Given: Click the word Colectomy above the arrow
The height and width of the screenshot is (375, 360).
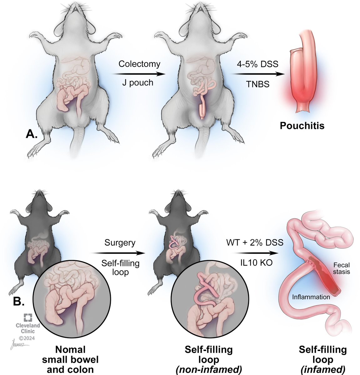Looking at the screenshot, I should (x=139, y=64).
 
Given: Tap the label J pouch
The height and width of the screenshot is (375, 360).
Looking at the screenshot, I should (x=138, y=83).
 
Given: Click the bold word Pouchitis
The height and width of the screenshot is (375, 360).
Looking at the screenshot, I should (x=302, y=126).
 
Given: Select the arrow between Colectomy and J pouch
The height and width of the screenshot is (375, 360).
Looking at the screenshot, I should (x=139, y=74).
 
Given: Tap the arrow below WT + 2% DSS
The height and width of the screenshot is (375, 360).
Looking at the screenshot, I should (x=255, y=253).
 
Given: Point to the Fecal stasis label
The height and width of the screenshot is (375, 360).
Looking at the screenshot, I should (x=341, y=268).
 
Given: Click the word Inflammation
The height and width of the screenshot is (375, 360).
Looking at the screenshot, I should (x=311, y=297).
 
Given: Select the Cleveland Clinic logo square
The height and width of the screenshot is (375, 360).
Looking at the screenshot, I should (x=28, y=318).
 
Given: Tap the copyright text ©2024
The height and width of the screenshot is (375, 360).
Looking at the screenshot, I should (x=28, y=337).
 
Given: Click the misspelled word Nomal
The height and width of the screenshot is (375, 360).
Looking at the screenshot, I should (x=70, y=349).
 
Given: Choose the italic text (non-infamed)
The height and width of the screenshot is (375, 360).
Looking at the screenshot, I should (x=209, y=370).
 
